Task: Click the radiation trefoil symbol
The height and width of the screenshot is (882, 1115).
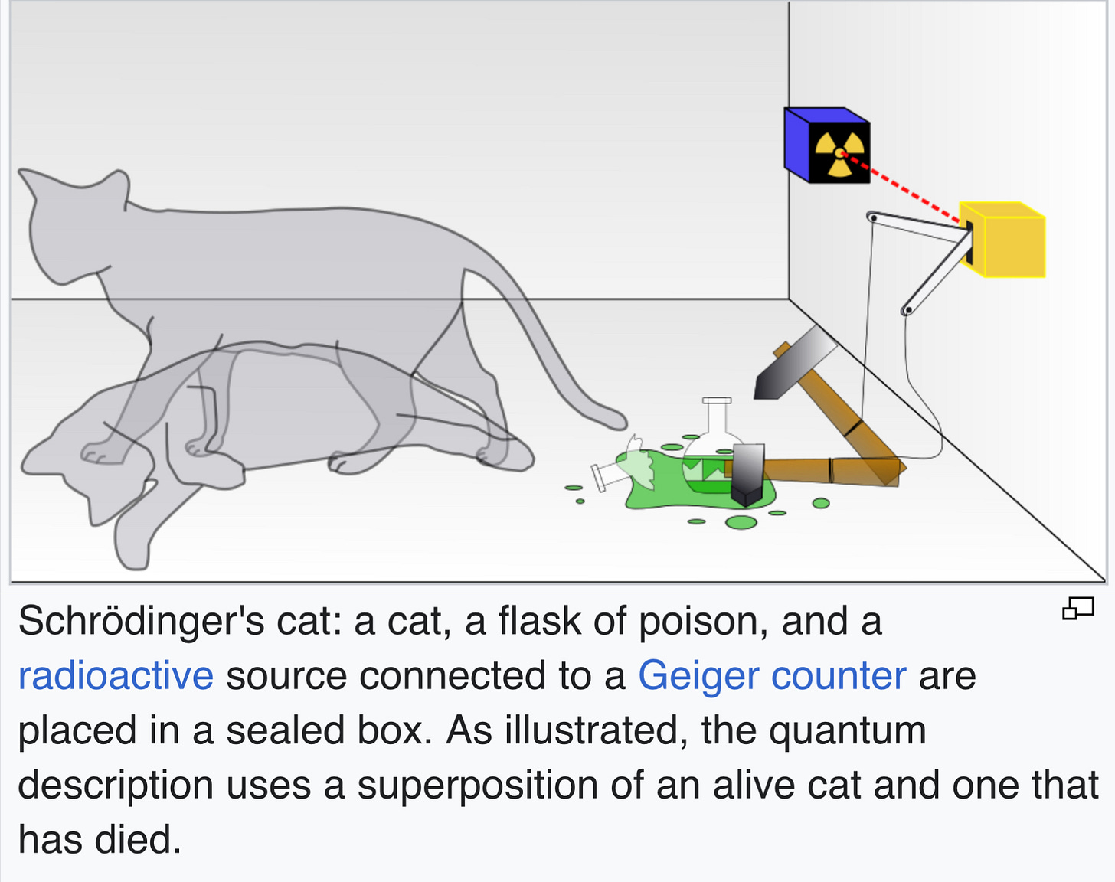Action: [x=840, y=153]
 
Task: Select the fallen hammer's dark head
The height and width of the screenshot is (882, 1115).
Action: [x=747, y=475]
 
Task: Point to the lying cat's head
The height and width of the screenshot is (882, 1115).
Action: [x=84, y=467]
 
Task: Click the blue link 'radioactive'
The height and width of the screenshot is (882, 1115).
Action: [x=116, y=676]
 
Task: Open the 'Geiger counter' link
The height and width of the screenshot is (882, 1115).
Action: [x=772, y=676]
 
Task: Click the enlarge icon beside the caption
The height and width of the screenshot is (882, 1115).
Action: [x=1077, y=609]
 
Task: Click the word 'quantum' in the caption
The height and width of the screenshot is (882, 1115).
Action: [x=847, y=730]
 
